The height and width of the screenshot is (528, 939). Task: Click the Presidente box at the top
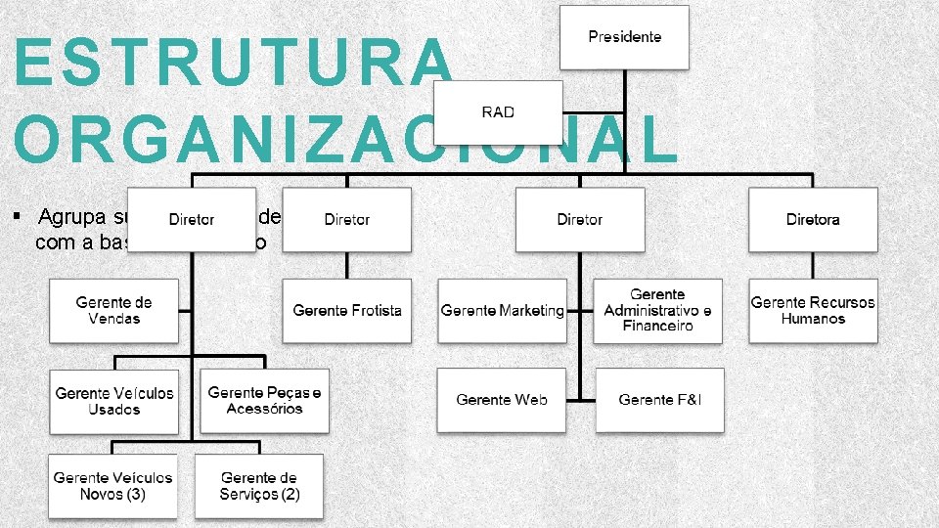624,37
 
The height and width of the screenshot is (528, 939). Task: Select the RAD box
498,112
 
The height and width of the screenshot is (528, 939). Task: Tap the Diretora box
813,220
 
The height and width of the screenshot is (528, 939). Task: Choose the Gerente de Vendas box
114,311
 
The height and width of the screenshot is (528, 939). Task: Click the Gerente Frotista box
347,311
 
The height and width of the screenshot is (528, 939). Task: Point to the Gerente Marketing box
502,311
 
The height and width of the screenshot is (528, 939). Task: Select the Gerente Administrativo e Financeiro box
657,311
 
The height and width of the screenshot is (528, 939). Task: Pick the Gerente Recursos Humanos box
813,311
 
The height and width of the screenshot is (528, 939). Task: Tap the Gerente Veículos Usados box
114,401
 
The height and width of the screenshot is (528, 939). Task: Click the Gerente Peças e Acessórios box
264,401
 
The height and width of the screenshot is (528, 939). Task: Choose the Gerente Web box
502,400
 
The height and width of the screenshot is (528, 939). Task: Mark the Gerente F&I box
659,400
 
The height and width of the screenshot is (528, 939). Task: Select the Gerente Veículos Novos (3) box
113,486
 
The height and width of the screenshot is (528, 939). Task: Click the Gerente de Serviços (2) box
259,486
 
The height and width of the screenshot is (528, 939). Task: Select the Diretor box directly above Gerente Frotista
347,220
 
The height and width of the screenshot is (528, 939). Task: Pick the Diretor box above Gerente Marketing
580,220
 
